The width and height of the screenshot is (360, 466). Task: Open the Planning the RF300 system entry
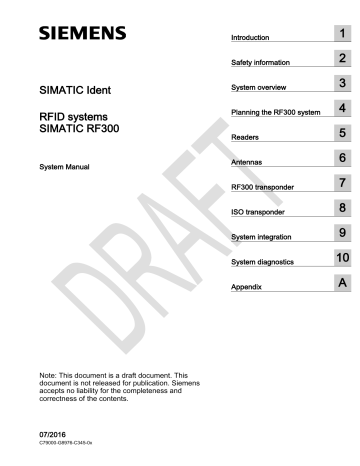tap(274, 111)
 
